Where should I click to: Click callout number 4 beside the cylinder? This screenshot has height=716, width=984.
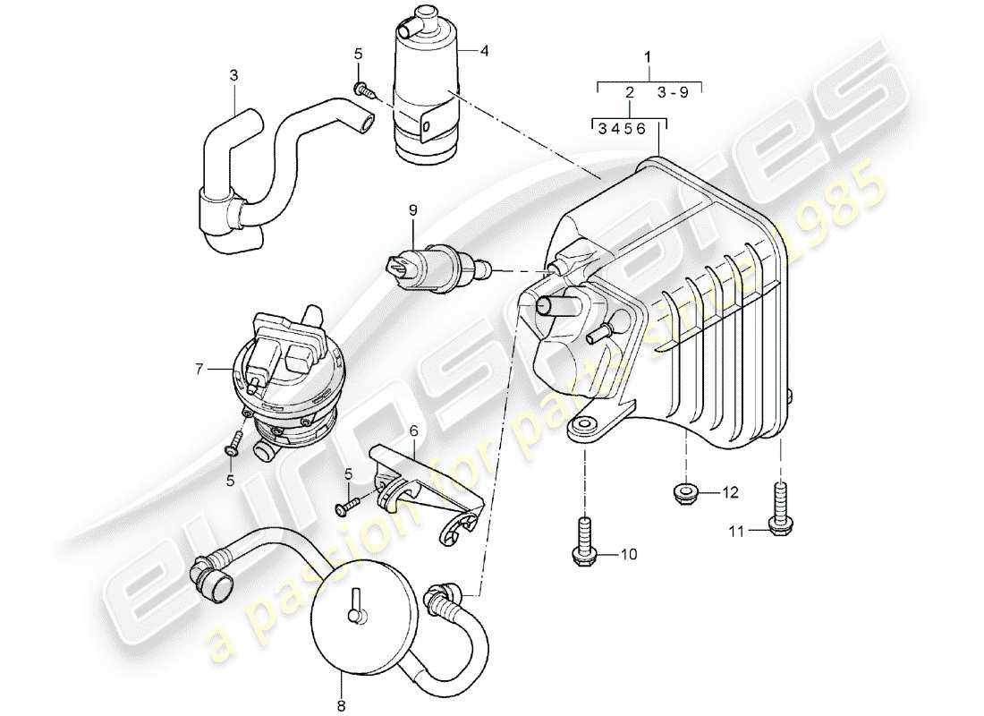tap(484, 51)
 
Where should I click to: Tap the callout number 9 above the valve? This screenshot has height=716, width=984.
tap(412, 210)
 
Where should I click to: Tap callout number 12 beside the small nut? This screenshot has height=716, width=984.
tap(731, 491)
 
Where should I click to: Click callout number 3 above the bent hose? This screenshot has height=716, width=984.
tap(234, 76)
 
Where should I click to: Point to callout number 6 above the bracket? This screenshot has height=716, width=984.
tap(413, 430)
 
